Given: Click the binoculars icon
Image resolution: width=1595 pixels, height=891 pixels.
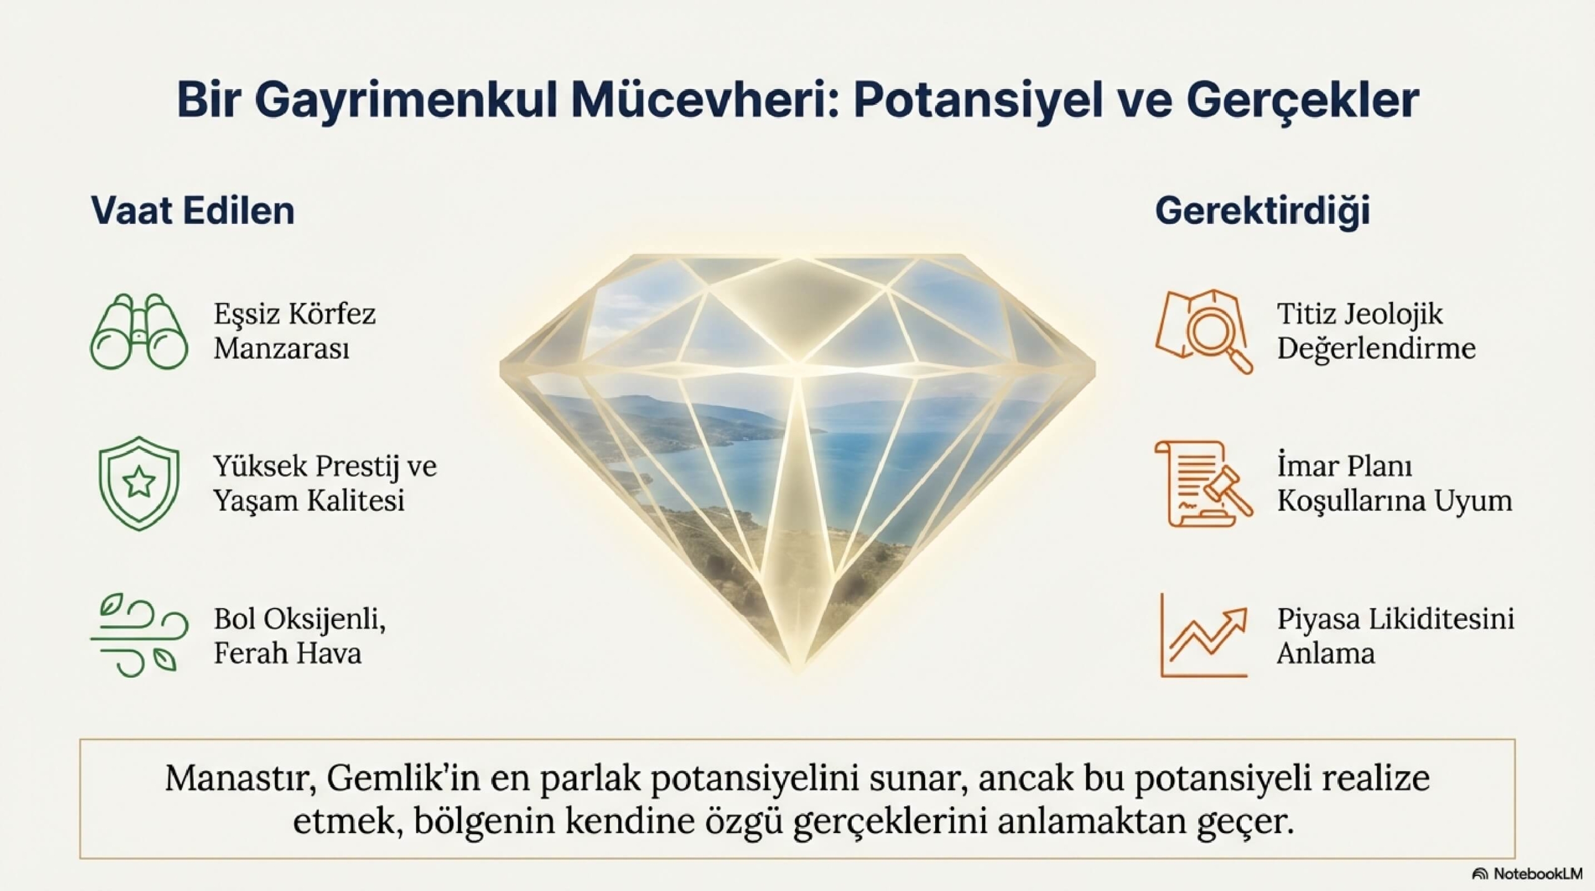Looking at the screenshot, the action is coord(138,331).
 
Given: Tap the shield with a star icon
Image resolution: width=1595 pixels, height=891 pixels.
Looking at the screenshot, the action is coord(139,483).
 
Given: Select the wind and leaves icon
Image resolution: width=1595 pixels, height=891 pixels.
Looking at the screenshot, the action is coord(138,635).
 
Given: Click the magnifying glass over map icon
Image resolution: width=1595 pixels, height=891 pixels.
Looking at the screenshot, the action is coord(1204,331).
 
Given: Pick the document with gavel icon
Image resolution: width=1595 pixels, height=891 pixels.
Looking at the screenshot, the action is coord(1204,483).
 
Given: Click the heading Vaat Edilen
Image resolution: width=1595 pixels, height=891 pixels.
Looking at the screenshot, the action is coord(193,210).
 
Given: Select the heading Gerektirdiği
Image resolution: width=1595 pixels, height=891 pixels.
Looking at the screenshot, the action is coord(1262,211).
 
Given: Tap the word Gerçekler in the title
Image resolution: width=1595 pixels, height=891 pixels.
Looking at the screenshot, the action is coord(1302,102).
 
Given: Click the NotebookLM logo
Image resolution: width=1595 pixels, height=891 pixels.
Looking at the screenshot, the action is coord(1533,874).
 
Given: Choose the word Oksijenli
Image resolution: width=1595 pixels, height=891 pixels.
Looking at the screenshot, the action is coord(323,620).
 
